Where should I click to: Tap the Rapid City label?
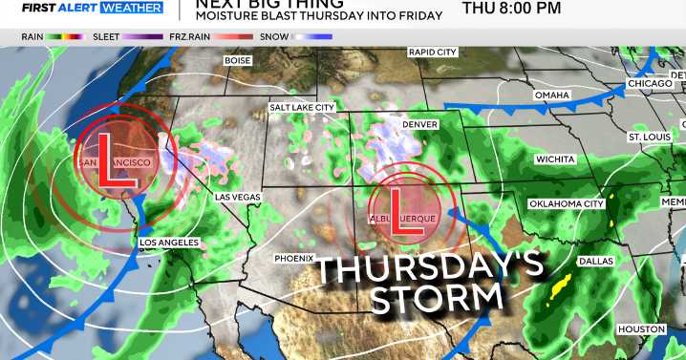pyautogui.click(x=432, y=53)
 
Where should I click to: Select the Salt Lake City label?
pyautogui.click(x=302, y=108)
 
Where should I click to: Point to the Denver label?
pyautogui.click(x=420, y=125)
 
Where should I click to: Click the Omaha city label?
pyautogui.click(x=551, y=95)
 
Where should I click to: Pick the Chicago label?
pyautogui.click(x=650, y=84)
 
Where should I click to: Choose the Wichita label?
pyautogui.click(x=555, y=159)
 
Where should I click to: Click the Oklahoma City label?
pyautogui.click(x=567, y=203)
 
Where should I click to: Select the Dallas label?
pyautogui.click(x=595, y=261)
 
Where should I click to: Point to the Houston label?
pyautogui.click(x=640, y=329)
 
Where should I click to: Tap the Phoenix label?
pyautogui.click(x=294, y=258)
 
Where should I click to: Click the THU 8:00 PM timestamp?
pyautogui.click(x=511, y=9)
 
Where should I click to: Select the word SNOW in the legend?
pyautogui.click(x=274, y=36)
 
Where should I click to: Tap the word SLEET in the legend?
pyautogui.click(x=106, y=36)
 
